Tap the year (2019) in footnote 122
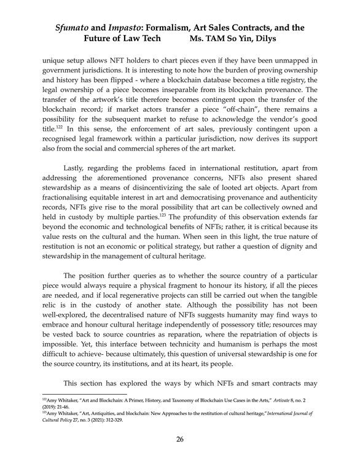50,406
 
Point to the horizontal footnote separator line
83,394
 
